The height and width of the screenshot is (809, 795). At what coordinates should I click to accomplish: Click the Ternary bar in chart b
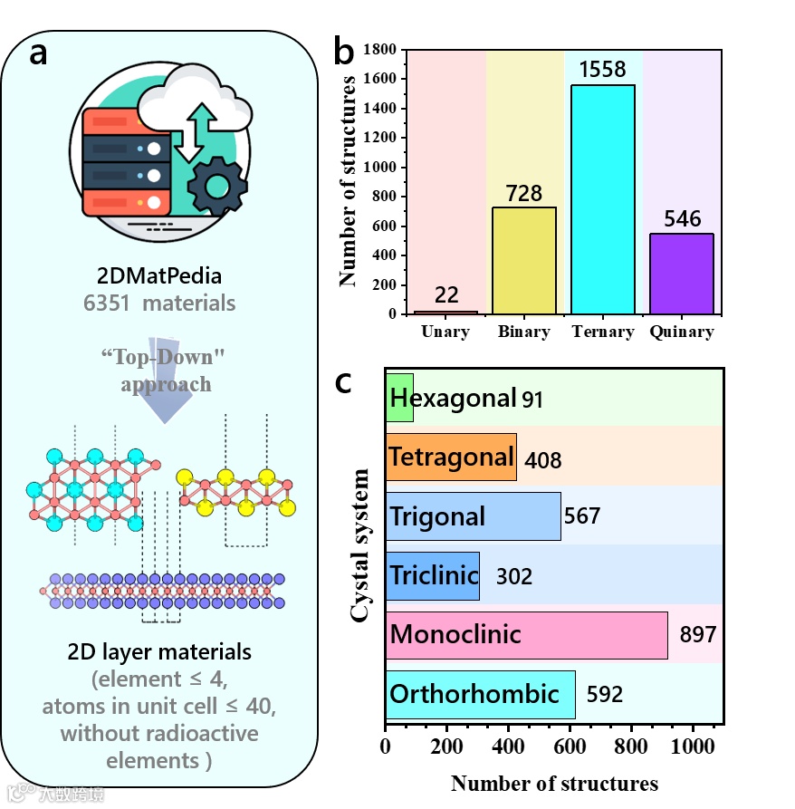coord(601,199)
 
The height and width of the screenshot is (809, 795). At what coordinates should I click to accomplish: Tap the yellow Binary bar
coord(523,261)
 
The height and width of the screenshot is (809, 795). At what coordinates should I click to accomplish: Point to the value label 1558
coord(602,70)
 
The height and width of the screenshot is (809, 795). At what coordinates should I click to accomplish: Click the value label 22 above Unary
coord(445,295)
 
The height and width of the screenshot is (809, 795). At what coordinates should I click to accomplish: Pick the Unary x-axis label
coord(445,332)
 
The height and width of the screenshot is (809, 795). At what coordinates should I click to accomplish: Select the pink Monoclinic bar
coord(526,634)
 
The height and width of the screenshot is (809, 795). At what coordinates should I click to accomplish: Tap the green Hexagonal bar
coord(399,398)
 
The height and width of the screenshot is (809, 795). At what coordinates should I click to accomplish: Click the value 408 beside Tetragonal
coord(543,460)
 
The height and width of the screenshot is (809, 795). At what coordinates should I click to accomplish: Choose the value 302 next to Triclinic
coord(513,576)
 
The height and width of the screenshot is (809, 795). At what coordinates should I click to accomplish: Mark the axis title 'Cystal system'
coord(359,545)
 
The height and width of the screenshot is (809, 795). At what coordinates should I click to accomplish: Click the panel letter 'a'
coord(38,53)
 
